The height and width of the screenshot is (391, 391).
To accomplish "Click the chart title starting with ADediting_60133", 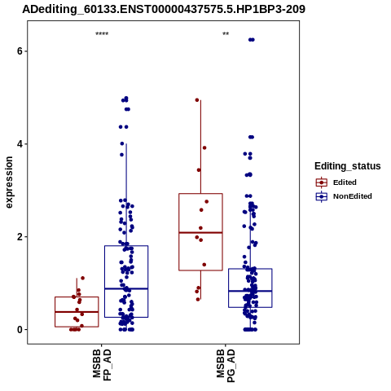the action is point(164,9).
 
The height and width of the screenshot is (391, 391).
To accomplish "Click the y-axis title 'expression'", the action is point(9,182).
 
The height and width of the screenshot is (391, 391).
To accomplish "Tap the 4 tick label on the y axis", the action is point(20,144).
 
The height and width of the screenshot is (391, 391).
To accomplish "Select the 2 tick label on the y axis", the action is point(20,237).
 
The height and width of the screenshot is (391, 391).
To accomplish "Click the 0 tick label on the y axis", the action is point(20,330).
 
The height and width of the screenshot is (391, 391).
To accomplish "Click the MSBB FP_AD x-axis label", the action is point(102,365).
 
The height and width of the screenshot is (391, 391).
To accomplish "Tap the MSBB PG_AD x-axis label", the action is point(226,366).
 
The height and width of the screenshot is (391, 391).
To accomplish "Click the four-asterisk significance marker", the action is point(102,34).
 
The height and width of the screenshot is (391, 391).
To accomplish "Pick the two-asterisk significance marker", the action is point(226,34).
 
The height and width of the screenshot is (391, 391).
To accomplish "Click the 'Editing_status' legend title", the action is point(348,166).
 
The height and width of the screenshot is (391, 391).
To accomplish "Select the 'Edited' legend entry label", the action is point(345,182).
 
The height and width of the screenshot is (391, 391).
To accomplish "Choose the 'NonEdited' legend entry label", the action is point(353,196).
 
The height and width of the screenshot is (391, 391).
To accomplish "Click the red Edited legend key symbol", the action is point(322,182).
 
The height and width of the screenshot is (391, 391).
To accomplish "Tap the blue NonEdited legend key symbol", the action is point(322,196).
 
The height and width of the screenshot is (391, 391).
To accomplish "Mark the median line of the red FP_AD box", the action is point(77,312).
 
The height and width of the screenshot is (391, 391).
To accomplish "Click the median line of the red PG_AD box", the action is point(200,232).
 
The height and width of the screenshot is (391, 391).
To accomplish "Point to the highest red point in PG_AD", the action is point(197,100).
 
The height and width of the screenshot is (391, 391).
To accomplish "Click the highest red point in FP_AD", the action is point(83,278).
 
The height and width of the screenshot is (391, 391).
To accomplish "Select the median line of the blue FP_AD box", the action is point(126,288).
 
